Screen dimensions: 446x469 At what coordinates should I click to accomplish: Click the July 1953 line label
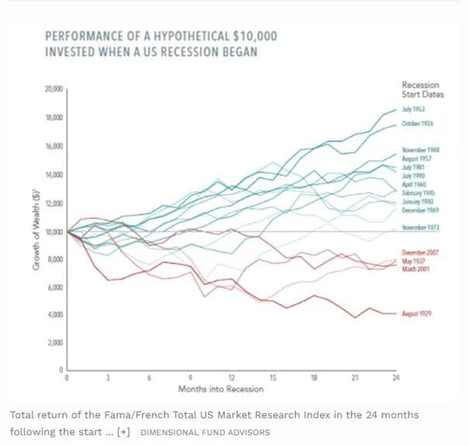click(413, 110)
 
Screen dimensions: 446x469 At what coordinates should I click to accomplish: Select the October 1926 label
click(417, 125)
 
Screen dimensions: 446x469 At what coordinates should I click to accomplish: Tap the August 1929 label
click(416, 313)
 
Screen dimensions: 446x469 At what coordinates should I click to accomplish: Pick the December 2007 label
click(419, 253)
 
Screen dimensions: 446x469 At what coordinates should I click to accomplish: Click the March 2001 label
click(415, 268)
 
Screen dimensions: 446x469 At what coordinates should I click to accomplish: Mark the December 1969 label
click(419, 209)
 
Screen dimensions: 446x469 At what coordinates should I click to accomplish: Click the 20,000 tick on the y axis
click(54, 90)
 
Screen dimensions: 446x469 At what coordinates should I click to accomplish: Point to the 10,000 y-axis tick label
click(54, 232)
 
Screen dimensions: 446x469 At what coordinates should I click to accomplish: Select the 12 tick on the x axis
click(231, 378)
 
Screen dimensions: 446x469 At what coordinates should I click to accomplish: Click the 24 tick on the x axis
click(396, 378)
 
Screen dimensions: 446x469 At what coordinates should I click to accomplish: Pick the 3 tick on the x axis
click(109, 378)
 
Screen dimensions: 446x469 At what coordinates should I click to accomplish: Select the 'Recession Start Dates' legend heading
click(420, 89)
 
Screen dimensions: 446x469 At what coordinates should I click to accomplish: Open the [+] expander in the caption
click(123, 431)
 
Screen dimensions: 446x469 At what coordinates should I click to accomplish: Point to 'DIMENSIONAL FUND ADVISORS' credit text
click(205, 432)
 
